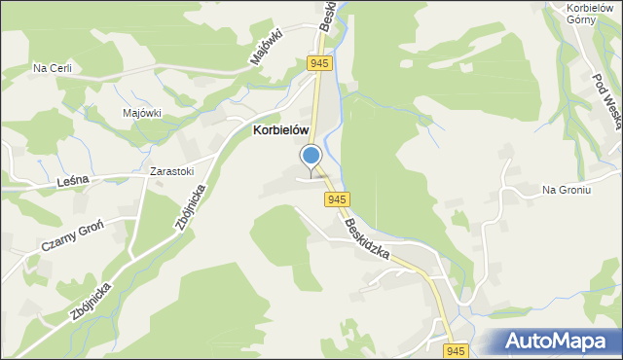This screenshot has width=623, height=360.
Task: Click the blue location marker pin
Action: point(311,157)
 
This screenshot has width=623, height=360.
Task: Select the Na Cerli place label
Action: point(53,68)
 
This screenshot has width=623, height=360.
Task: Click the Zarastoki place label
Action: point(171,172)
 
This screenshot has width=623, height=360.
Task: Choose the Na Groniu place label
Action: point(567,190)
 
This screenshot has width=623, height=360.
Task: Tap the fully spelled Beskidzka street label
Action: point(367,239)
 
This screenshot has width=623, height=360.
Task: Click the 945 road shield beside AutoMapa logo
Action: point(456,349)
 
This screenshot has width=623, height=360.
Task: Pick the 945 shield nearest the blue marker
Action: point(337,199)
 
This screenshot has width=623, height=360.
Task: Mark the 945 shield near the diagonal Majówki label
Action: point(319,63)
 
